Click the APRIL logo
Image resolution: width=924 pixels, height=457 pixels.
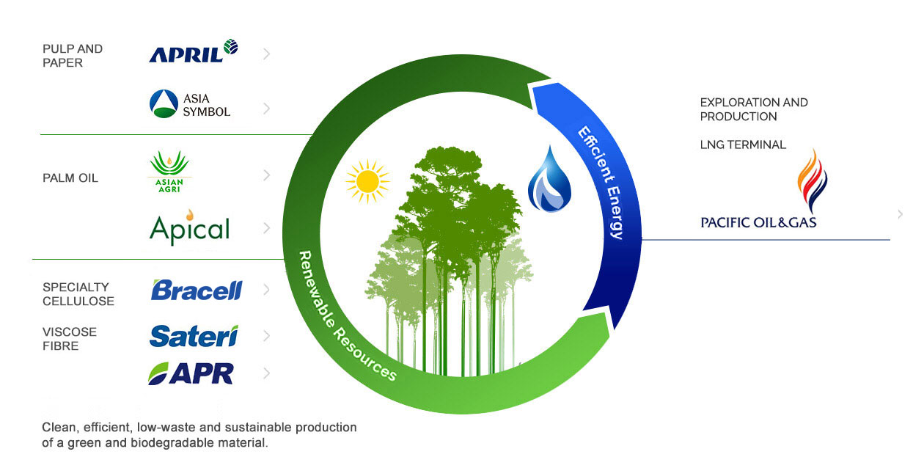[x=193, y=52]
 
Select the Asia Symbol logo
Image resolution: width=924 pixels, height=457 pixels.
[x=190, y=104]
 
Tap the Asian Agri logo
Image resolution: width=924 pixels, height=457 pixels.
[x=169, y=173]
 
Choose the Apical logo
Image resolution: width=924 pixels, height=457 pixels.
[x=189, y=227]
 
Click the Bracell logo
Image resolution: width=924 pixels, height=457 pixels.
[x=196, y=290]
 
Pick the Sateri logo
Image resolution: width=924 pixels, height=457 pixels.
[x=194, y=336]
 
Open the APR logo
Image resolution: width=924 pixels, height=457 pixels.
[x=191, y=373]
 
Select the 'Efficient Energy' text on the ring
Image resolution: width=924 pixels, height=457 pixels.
[x=601, y=183]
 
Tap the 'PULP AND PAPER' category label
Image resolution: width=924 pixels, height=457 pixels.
[x=73, y=56]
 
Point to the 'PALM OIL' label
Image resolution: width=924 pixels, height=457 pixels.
[x=70, y=178]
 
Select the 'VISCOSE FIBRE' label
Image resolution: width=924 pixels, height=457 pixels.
[x=70, y=339]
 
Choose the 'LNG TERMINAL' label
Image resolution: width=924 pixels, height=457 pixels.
[x=743, y=145]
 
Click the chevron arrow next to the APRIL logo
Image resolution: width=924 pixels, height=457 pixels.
[x=266, y=54]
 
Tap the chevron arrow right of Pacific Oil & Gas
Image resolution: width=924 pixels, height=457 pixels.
[x=900, y=214]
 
